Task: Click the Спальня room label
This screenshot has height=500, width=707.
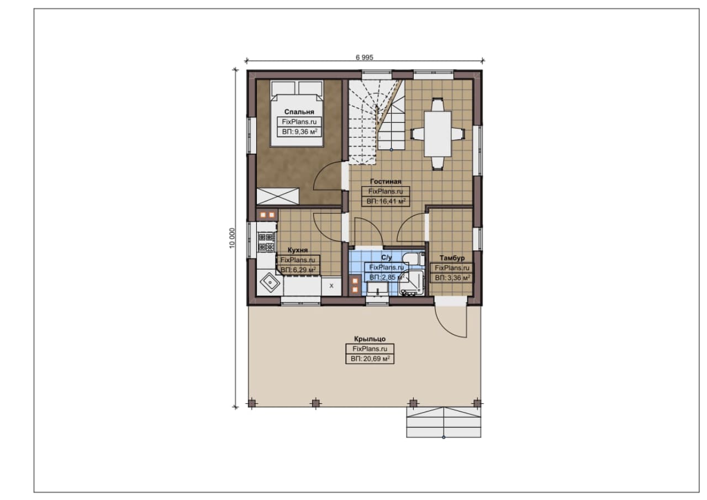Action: pos(299,112)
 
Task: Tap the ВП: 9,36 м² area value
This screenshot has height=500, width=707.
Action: pos(299,131)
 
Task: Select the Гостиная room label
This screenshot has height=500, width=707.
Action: pos(386,182)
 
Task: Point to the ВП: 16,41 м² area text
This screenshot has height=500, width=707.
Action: pos(386,202)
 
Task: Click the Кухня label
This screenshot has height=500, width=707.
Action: pos(298,250)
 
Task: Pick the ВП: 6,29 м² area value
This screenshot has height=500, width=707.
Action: pos(298,270)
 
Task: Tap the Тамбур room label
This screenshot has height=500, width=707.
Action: pos(452,258)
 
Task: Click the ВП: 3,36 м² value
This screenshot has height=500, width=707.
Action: pos(452,278)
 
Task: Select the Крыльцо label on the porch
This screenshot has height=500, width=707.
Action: pos(370,339)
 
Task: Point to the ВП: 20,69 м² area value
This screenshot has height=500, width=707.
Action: pos(370,359)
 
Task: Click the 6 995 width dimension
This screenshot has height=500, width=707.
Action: pos(364,57)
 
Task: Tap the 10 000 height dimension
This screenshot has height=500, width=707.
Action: pos(233,238)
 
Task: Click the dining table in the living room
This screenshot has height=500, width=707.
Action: pos(437,134)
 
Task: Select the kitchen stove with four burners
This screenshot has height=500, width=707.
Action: pos(266,242)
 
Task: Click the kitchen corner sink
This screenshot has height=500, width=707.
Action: pos(270,282)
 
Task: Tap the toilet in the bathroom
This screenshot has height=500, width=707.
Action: pos(414,259)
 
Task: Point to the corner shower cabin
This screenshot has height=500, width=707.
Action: pos(411,283)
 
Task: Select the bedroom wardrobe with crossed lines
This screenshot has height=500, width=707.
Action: pos(278,196)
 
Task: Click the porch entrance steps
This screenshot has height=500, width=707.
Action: pos(444,422)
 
